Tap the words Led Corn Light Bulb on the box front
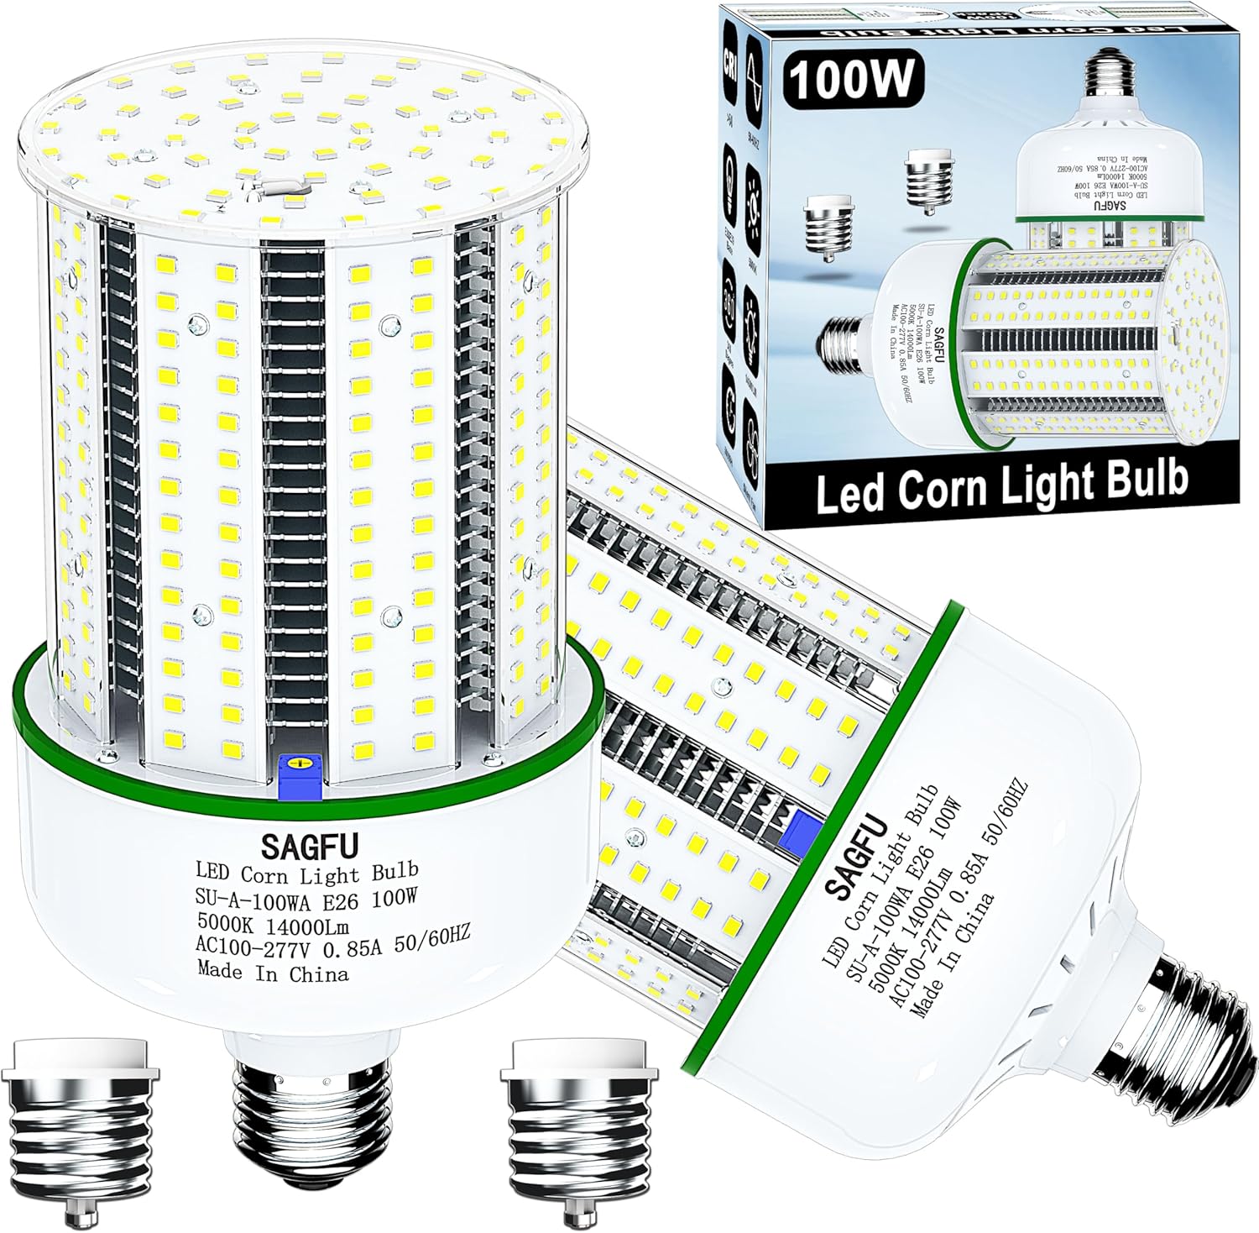pos(1001,481)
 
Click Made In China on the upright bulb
pos(273,973)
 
